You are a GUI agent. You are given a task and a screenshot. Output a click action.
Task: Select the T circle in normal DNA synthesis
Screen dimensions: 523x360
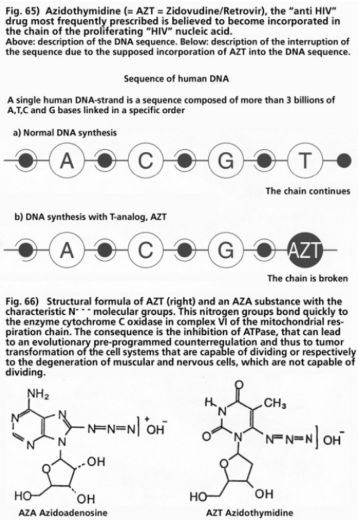[305, 160]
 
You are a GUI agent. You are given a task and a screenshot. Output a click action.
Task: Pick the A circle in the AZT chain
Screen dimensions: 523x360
[67, 249]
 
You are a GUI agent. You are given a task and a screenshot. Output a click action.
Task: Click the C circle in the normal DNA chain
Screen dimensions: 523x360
[144, 160]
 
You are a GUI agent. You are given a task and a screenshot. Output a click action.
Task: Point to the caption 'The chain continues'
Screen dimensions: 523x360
[308, 191]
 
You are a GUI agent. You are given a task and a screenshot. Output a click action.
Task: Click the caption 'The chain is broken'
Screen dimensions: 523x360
[308, 278]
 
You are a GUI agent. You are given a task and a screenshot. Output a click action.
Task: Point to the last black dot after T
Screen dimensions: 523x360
[344, 160]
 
